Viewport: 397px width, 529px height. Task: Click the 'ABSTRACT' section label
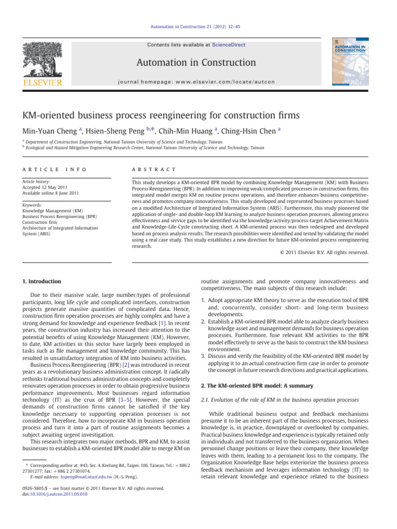pos(154,169)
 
